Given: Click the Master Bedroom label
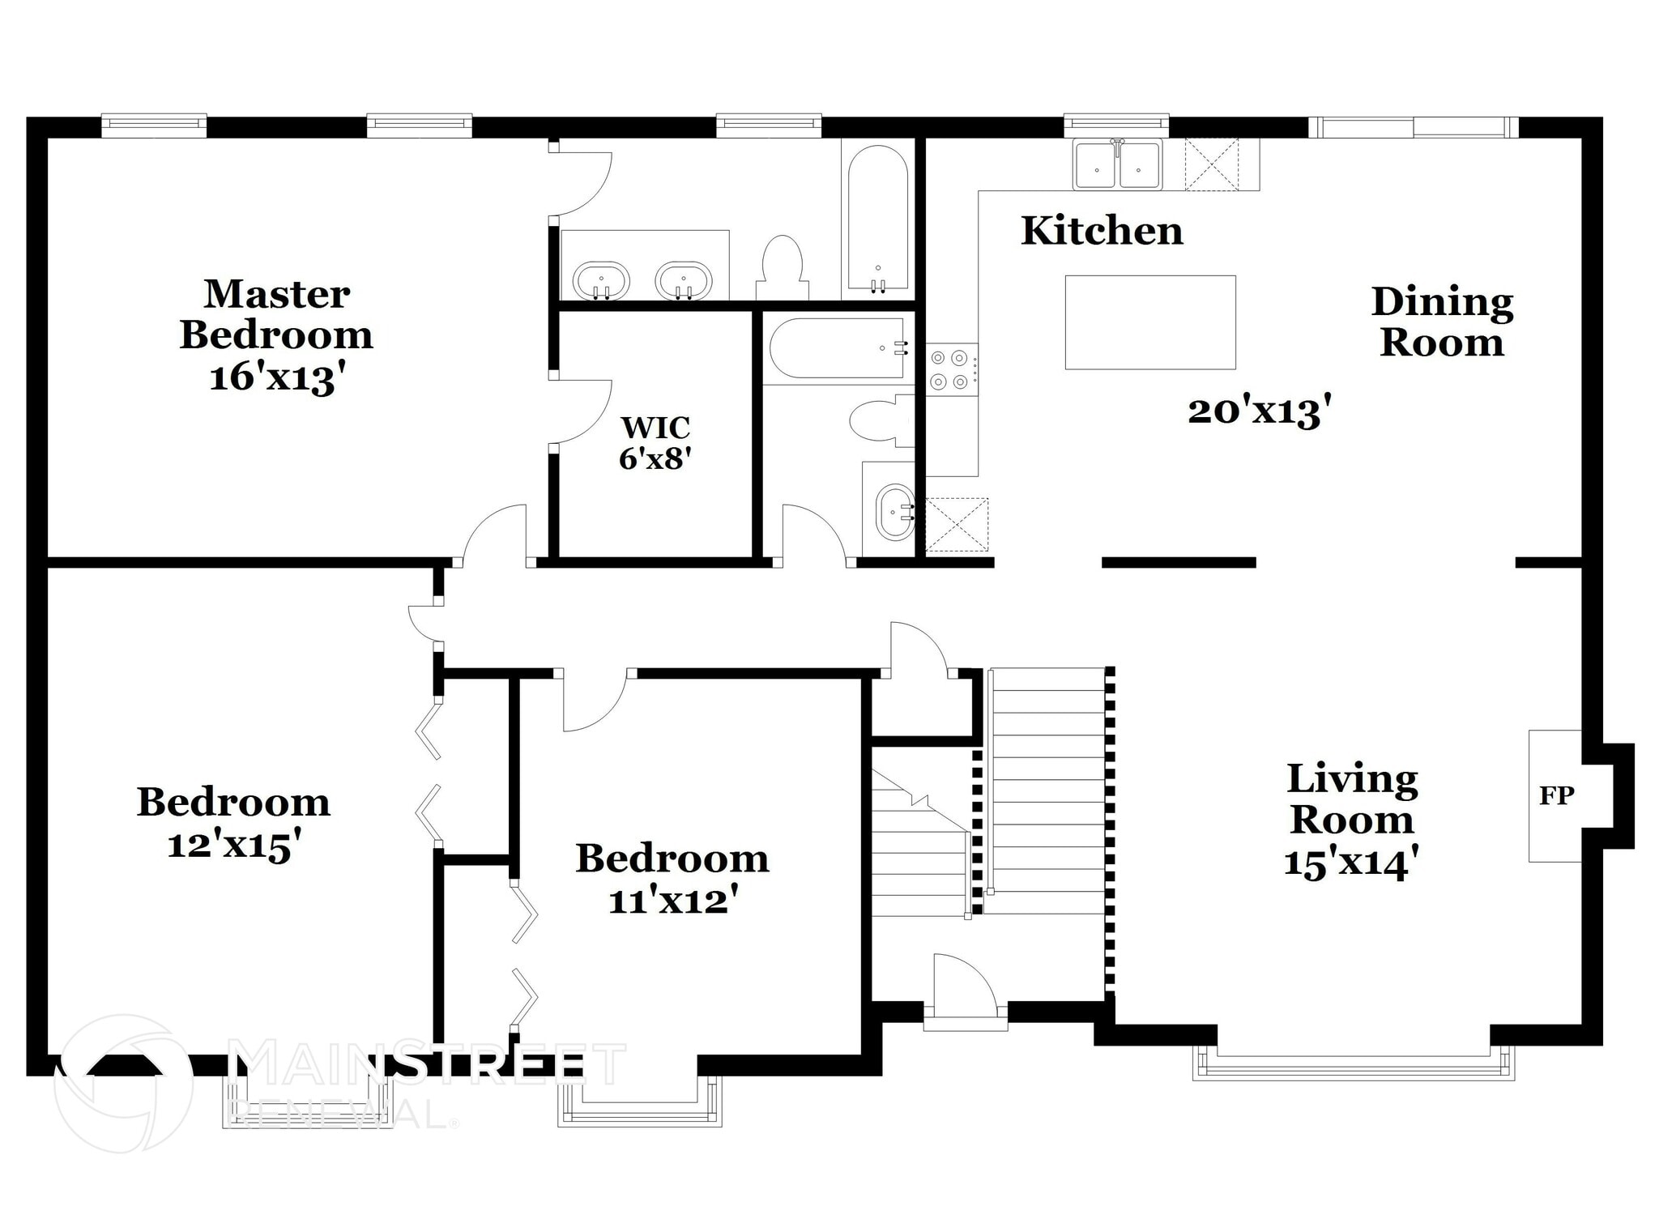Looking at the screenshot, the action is pyautogui.click(x=276, y=314).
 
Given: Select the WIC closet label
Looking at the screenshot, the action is pyautogui.click(x=655, y=427).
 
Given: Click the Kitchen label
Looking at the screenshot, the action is pyautogui.click(x=1102, y=231).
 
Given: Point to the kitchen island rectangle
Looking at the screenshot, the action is pyautogui.click(x=1150, y=322).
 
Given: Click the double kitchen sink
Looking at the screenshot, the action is pyautogui.click(x=1118, y=164).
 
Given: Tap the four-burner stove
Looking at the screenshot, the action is pyautogui.click(x=952, y=369).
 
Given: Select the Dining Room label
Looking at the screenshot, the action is pyautogui.click(x=1442, y=322).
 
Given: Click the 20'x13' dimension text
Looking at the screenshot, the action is pyautogui.click(x=1260, y=411).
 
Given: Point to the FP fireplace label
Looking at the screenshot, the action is pyautogui.click(x=1556, y=795).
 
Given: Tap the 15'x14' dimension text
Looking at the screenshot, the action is pyautogui.click(x=1351, y=863).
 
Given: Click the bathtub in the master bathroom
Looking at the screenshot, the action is pyautogui.click(x=878, y=219).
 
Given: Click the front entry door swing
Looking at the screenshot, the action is pyautogui.click(x=964, y=983).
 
